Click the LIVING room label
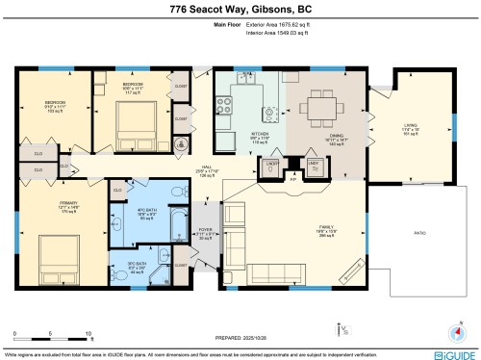point(410,125)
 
